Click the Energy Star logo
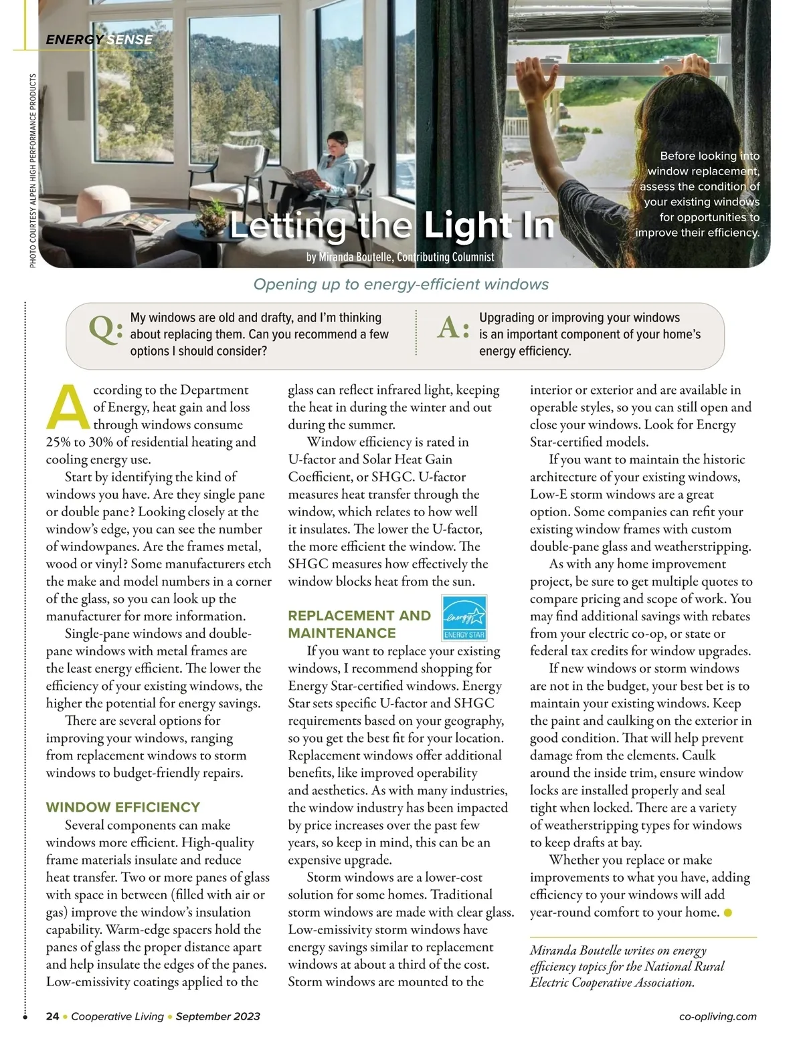coord(464,618)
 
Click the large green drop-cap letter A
coord(67,407)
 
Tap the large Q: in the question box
coord(105,328)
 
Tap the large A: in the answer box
coord(453,328)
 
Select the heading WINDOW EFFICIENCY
coord(122,807)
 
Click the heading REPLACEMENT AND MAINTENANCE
coord(359,624)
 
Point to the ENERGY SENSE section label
coord(99,39)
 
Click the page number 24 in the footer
coord(52,1016)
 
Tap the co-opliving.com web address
coord(717,1016)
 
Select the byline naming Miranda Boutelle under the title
coord(400,257)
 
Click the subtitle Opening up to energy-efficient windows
coord(401,284)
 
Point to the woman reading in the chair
coord(338,167)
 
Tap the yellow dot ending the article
coord(728,913)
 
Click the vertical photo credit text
coord(33,170)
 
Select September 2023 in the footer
coord(217,1016)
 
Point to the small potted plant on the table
coord(214,214)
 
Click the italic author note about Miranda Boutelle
coord(627,966)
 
